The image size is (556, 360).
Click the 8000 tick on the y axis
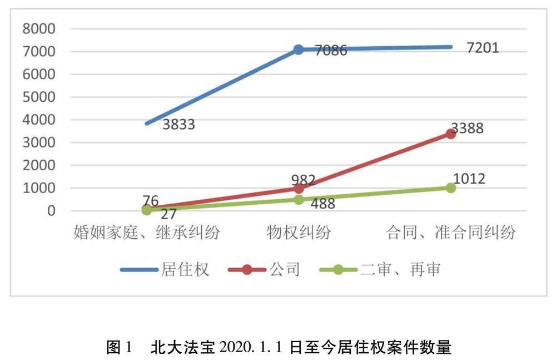pyautogui.click(x=39, y=29)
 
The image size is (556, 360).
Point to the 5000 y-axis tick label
pyautogui.click(x=39, y=97)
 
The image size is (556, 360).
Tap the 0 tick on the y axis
pyautogui.click(x=51, y=211)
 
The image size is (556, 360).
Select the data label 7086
pyautogui.click(x=331, y=51)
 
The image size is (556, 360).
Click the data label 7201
pyautogui.click(x=483, y=48)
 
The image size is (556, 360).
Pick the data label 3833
pyautogui.click(x=178, y=125)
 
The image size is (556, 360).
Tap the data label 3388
pyautogui.click(x=467, y=128)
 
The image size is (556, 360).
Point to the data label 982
pyautogui.click(x=304, y=180)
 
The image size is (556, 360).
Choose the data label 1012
pyautogui.click(x=469, y=179)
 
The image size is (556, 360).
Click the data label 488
pyautogui.click(x=323, y=204)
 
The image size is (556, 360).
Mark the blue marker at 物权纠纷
pyautogui.click(x=299, y=50)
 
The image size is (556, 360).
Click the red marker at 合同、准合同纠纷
pyautogui.click(x=451, y=134)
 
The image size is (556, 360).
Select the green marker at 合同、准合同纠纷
pyautogui.click(x=451, y=188)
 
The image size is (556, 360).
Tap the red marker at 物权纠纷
pyautogui.click(x=299, y=189)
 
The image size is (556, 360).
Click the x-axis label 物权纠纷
pyautogui.click(x=299, y=233)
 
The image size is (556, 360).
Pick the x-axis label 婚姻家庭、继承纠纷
pyautogui.click(x=146, y=233)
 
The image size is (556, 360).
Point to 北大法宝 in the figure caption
pyautogui.click(x=182, y=347)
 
